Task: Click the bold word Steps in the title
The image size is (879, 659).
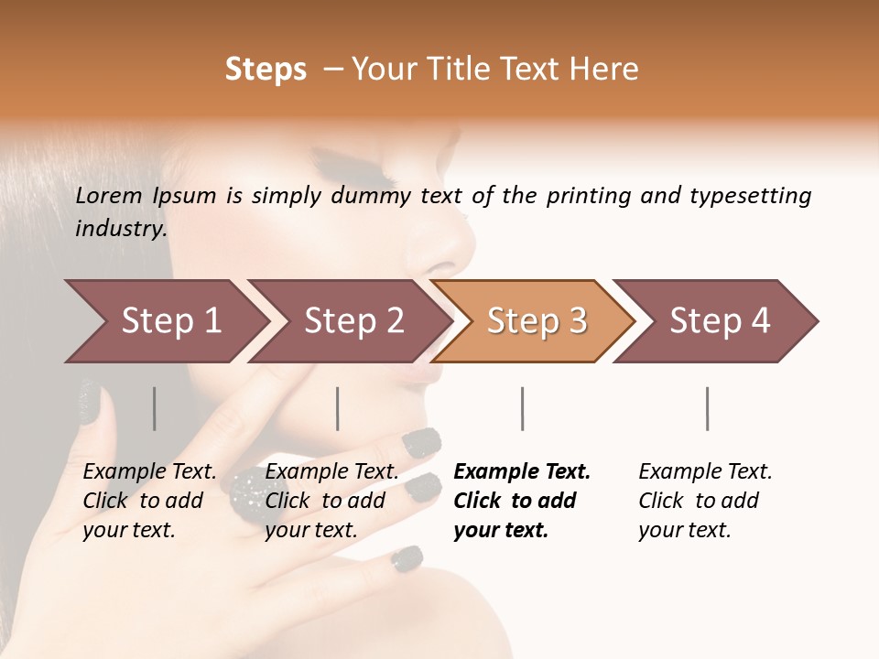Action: click(x=266, y=70)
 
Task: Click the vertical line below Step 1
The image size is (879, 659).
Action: click(x=155, y=408)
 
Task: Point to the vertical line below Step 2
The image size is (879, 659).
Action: click(x=338, y=408)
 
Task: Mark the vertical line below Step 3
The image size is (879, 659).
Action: click(x=523, y=408)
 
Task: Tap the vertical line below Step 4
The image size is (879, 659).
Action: click(x=708, y=408)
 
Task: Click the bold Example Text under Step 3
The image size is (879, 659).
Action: click(x=522, y=472)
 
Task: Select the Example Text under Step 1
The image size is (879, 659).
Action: click(x=149, y=472)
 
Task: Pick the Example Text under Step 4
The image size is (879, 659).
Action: click(x=705, y=472)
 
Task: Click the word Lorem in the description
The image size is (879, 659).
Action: click(x=109, y=196)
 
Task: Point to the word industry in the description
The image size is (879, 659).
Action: click(x=121, y=229)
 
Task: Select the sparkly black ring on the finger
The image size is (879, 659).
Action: click(x=249, y=494)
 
